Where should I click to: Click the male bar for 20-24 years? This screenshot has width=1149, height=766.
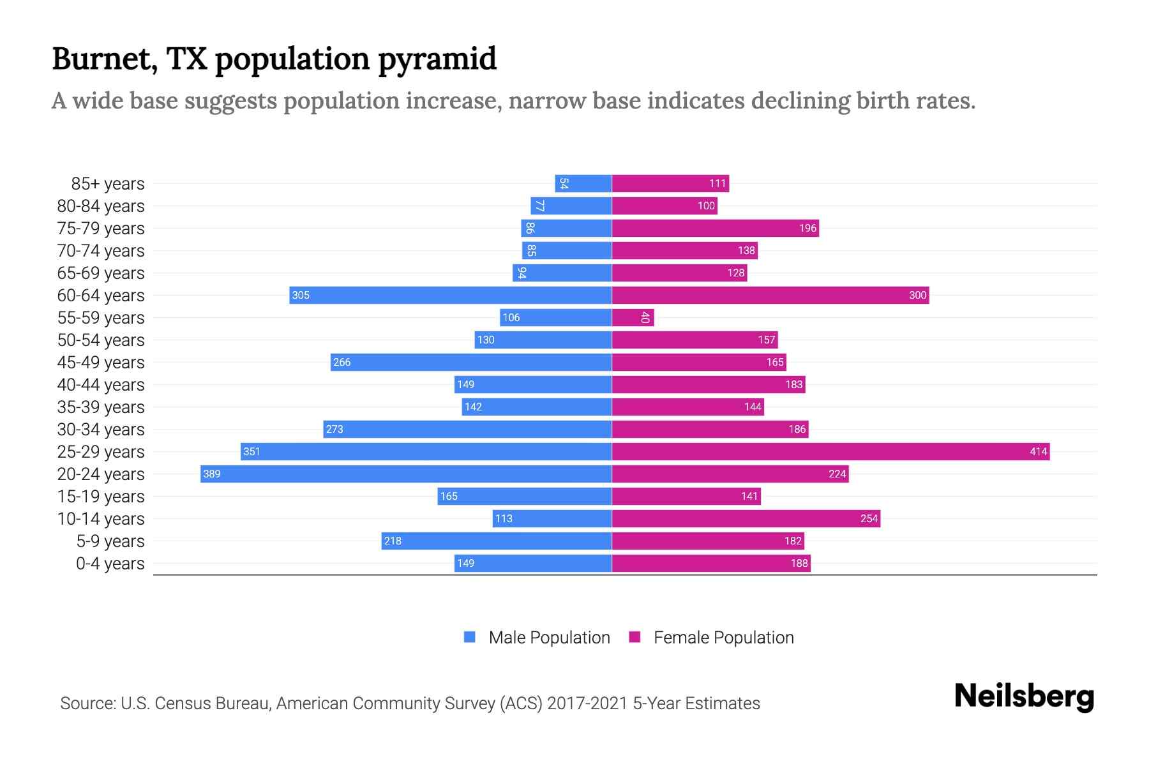[x=406, y=474]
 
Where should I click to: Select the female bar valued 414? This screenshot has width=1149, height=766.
[x=830, y=451]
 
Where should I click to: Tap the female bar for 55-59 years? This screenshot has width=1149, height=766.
[x=633, y=317]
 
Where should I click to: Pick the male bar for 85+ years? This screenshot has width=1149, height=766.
[x=583, y=183]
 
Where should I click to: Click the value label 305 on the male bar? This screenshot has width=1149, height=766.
[x=301, y=295]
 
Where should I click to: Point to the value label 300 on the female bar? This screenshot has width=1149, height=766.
[x=917, y=295]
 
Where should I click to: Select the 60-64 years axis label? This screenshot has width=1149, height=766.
[x=101, y=296]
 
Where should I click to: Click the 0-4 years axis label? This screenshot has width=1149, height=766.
[x=110, y=564]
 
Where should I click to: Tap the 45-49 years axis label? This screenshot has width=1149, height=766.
[x=101, y=363]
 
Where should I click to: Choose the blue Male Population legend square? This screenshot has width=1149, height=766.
[x=470, y=637]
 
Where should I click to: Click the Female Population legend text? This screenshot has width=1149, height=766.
[x=723, y=638]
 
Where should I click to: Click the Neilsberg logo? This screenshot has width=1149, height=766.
[x=1024, y=696]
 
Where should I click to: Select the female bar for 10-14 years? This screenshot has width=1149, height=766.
[x=746, y=518]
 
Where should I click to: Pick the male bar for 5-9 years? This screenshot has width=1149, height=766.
[x=497, y=541]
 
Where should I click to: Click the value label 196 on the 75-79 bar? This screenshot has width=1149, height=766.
[x=807, y=228]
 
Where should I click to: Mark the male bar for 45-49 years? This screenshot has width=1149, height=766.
[x=471, y=362]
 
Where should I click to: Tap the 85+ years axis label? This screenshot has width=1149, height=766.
[x=108, y=184]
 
